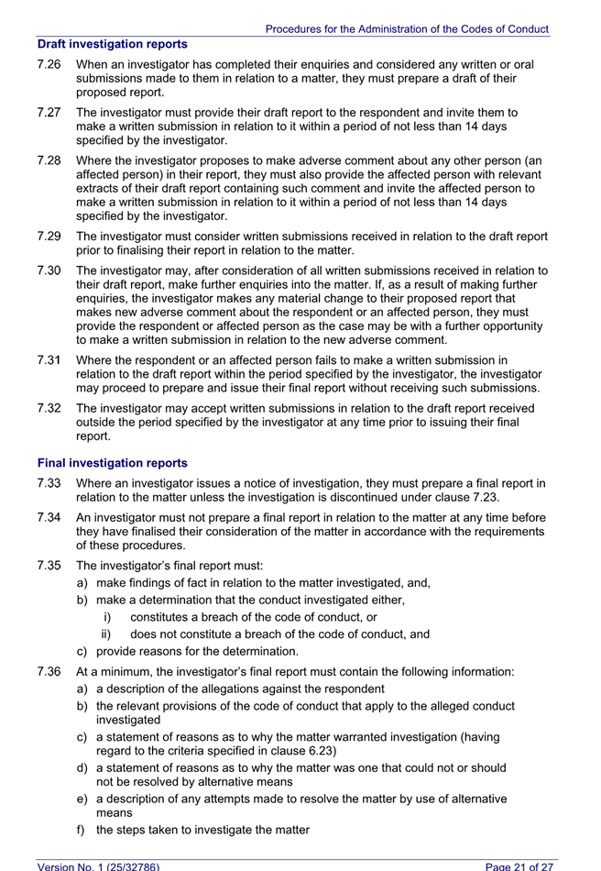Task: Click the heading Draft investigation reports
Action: tap(112, 44)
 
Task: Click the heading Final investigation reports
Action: tap(112, 463)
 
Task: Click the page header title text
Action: tap(407, 29)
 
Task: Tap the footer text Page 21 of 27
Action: tap(519, 865)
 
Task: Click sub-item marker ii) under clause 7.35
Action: tap(106, 634)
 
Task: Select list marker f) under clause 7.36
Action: tap(82, 830)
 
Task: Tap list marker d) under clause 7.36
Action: tap(82, 767)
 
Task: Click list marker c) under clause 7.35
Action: tap(82, 652)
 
